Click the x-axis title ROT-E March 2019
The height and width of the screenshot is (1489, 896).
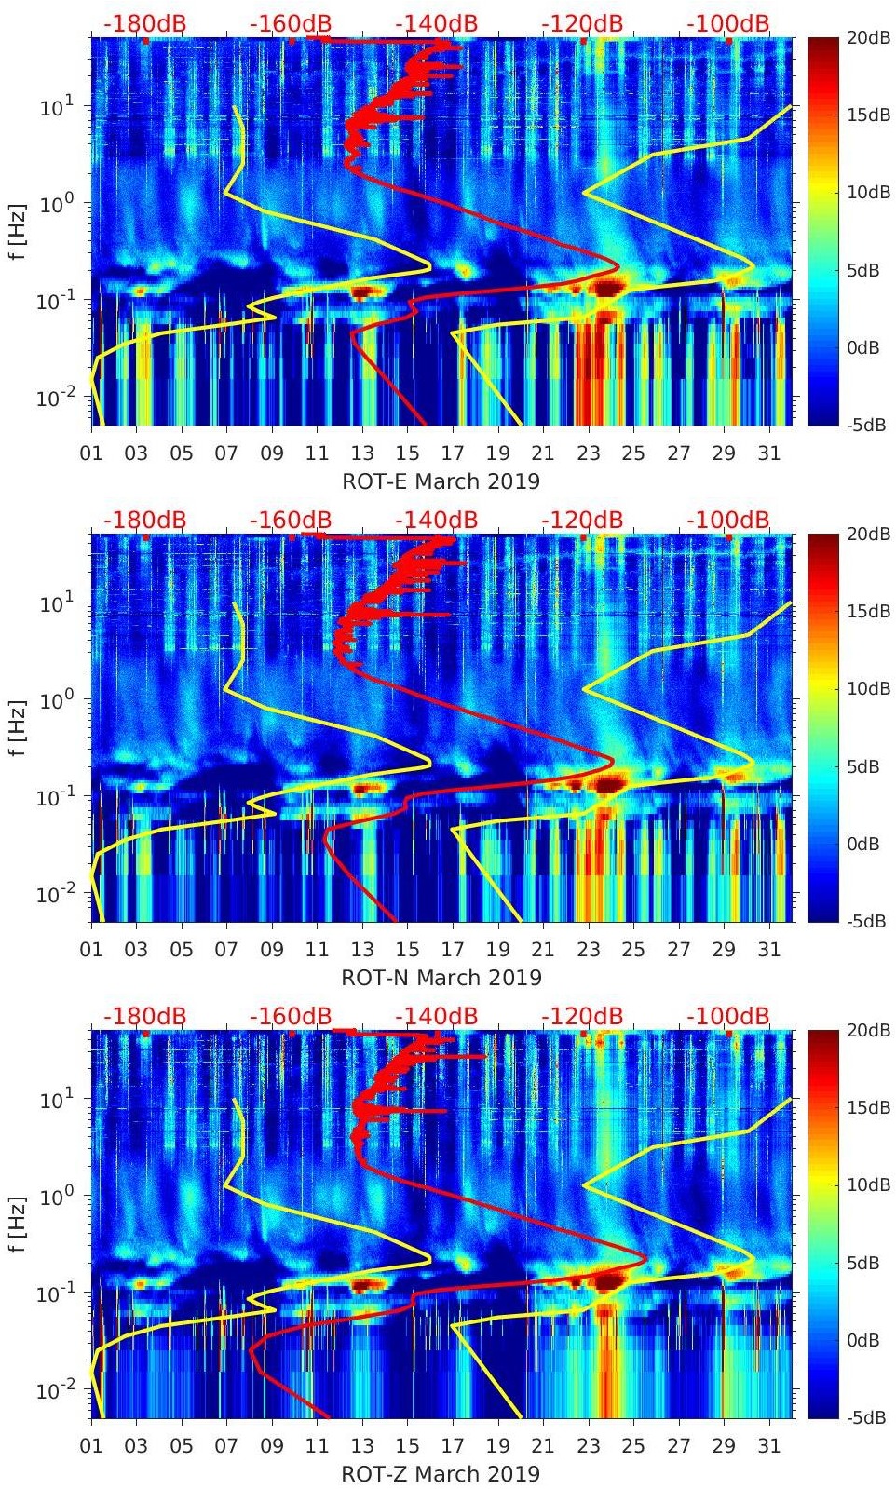[441, 481]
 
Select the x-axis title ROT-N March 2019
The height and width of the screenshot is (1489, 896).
[441, 978]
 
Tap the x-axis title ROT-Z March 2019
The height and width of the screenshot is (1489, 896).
[441, 1474]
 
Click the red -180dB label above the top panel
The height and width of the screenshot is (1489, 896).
[144, 23]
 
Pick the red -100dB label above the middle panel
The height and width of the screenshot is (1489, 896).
[728, 520]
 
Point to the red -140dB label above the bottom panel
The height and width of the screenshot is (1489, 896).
[436, 1016]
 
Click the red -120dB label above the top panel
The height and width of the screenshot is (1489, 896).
[582, 23]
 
